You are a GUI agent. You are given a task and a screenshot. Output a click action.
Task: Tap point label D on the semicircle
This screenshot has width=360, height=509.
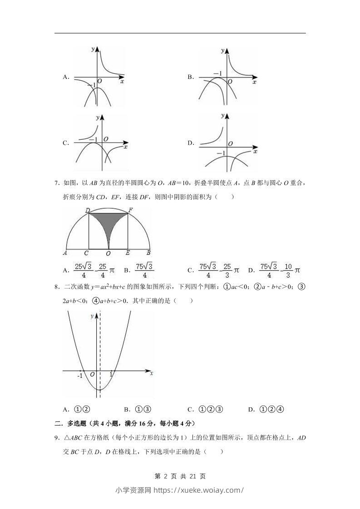[x=87, y=210]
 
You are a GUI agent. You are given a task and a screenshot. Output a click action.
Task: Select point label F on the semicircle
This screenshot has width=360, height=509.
[x=130, y=210]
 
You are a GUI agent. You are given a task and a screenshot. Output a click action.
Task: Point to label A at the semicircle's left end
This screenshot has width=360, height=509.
[x=65, y=253]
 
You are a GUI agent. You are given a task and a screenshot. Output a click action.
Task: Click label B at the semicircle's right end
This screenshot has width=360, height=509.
[x=148, y=253]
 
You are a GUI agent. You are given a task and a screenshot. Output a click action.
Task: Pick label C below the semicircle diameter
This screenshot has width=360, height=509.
[x=86, y=253]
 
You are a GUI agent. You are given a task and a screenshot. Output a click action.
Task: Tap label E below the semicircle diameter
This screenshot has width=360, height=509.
[x=128, y=253]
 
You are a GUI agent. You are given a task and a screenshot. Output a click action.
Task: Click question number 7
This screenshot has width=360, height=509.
[x=57, y=183]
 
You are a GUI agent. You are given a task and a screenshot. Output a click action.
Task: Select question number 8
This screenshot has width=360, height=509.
[x=57, y=287]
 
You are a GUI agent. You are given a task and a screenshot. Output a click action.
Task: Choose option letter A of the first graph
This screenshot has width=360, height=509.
[x=65, y=77]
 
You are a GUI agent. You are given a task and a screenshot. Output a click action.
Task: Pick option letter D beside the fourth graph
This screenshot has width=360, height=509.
[x=191, y=143]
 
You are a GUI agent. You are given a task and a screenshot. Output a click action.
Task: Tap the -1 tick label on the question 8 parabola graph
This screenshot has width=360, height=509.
[x=80, y=376]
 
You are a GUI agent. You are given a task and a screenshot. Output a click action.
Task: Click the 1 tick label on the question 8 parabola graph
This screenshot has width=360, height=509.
[x=111, y=375]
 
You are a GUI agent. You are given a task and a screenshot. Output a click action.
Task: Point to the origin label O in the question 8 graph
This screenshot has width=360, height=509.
[x=92, y=375]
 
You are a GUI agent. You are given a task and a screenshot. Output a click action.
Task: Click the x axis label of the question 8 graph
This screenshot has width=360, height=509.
[x=151, y=373]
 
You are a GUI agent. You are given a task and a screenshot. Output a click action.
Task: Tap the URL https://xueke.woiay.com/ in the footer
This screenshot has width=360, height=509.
[x=199, y=490]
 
